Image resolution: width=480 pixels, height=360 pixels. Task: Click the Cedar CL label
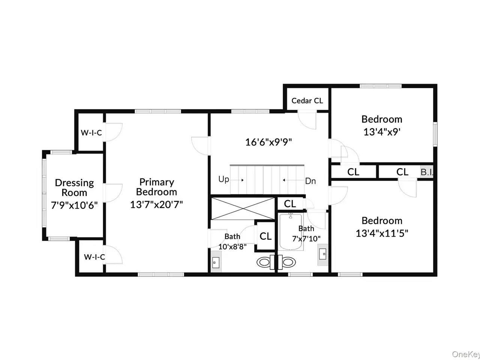(307, 101)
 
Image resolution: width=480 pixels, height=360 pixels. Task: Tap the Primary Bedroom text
(157, 187)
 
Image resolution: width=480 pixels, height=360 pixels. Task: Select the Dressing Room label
(74, 187)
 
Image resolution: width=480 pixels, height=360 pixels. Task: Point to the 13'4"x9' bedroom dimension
(382, 132)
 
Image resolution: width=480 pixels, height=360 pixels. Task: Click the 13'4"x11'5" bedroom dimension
(382, 234)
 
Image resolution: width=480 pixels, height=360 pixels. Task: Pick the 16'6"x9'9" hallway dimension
(268, 142)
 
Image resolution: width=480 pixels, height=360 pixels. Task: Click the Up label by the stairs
(223, 180)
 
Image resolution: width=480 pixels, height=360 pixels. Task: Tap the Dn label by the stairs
(310, 181)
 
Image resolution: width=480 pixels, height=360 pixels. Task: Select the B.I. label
(427, 172)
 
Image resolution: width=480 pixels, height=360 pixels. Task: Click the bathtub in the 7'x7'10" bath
(291, 231)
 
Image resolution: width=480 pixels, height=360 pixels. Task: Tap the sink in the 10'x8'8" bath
(216, 262)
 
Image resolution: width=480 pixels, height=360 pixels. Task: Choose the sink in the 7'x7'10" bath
(323, 254)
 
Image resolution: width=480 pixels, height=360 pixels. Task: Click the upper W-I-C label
(91, 133)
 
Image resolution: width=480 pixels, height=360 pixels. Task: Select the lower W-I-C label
(94, 257)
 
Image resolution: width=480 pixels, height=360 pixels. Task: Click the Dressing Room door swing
(112, 193)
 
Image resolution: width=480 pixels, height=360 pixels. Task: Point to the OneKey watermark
(466, 354)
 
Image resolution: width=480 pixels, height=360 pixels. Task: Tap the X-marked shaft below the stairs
(243, 208)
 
